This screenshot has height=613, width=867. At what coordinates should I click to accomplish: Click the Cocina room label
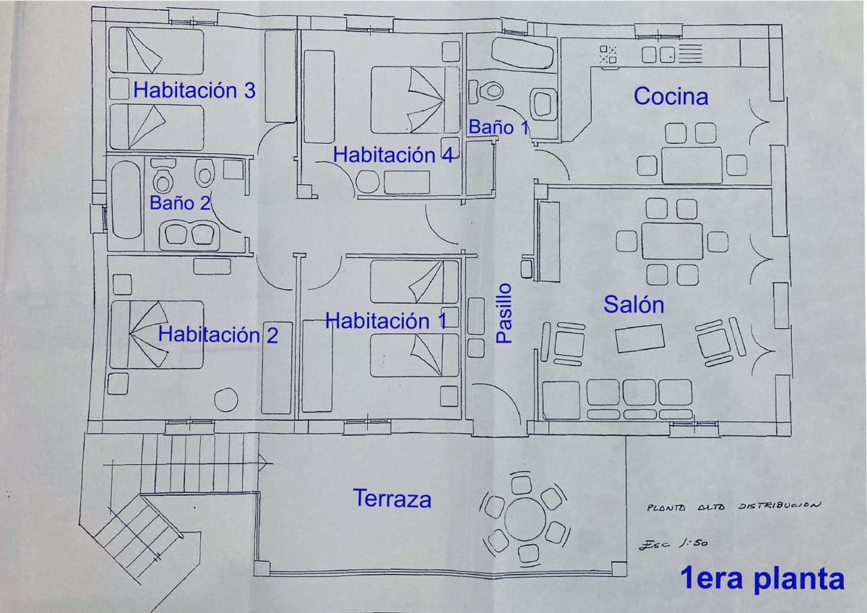(x=670, y=96)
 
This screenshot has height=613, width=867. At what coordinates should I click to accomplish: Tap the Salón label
(x=634, y=304)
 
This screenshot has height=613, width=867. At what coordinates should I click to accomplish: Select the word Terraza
(x=392, y=498)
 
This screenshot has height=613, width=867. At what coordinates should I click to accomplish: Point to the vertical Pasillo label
(x=504, y=312)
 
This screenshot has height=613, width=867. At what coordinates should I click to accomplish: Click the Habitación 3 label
(x=194, y=90)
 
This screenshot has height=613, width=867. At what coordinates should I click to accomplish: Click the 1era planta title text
(x=762, y=579)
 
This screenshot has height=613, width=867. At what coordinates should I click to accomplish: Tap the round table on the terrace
(x=526, y=518)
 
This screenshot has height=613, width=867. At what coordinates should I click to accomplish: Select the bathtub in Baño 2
(x=126, y=200)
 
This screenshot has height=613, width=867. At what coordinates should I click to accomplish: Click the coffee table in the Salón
(x=640, y=338)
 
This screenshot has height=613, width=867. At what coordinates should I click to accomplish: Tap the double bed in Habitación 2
(x=156, y=334)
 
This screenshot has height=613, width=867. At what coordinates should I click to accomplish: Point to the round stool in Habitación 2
(x=227, y=400)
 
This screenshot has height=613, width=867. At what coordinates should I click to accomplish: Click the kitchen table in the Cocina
(x=691, y=164)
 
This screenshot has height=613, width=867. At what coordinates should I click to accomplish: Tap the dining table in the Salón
(x=671, y=241)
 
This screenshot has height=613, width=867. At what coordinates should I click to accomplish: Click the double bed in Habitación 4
(x=415, y=100)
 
